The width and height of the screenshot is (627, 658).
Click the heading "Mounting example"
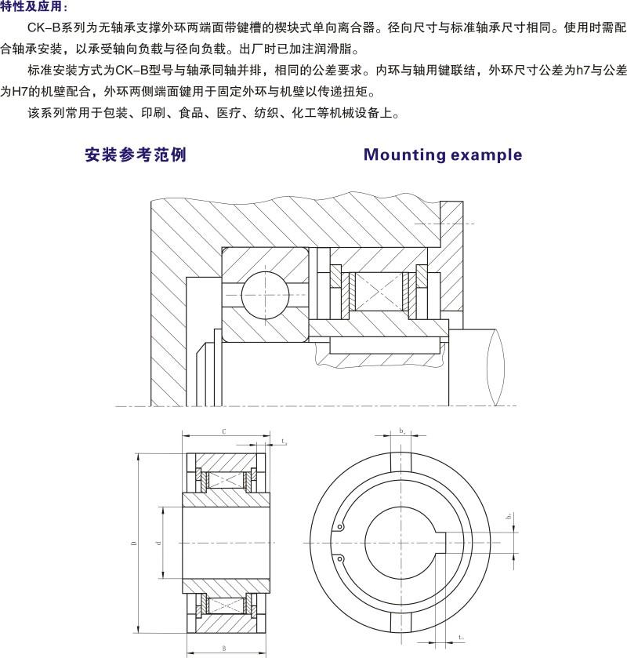(x=443, y=155)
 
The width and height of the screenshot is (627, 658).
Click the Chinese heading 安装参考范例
(x=135, y=155)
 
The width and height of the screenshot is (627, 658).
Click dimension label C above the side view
(x=224, y=432)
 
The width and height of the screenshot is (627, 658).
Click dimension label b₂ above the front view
(x=401, y=431)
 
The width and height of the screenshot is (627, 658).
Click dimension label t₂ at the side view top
(x=283, y=442)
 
